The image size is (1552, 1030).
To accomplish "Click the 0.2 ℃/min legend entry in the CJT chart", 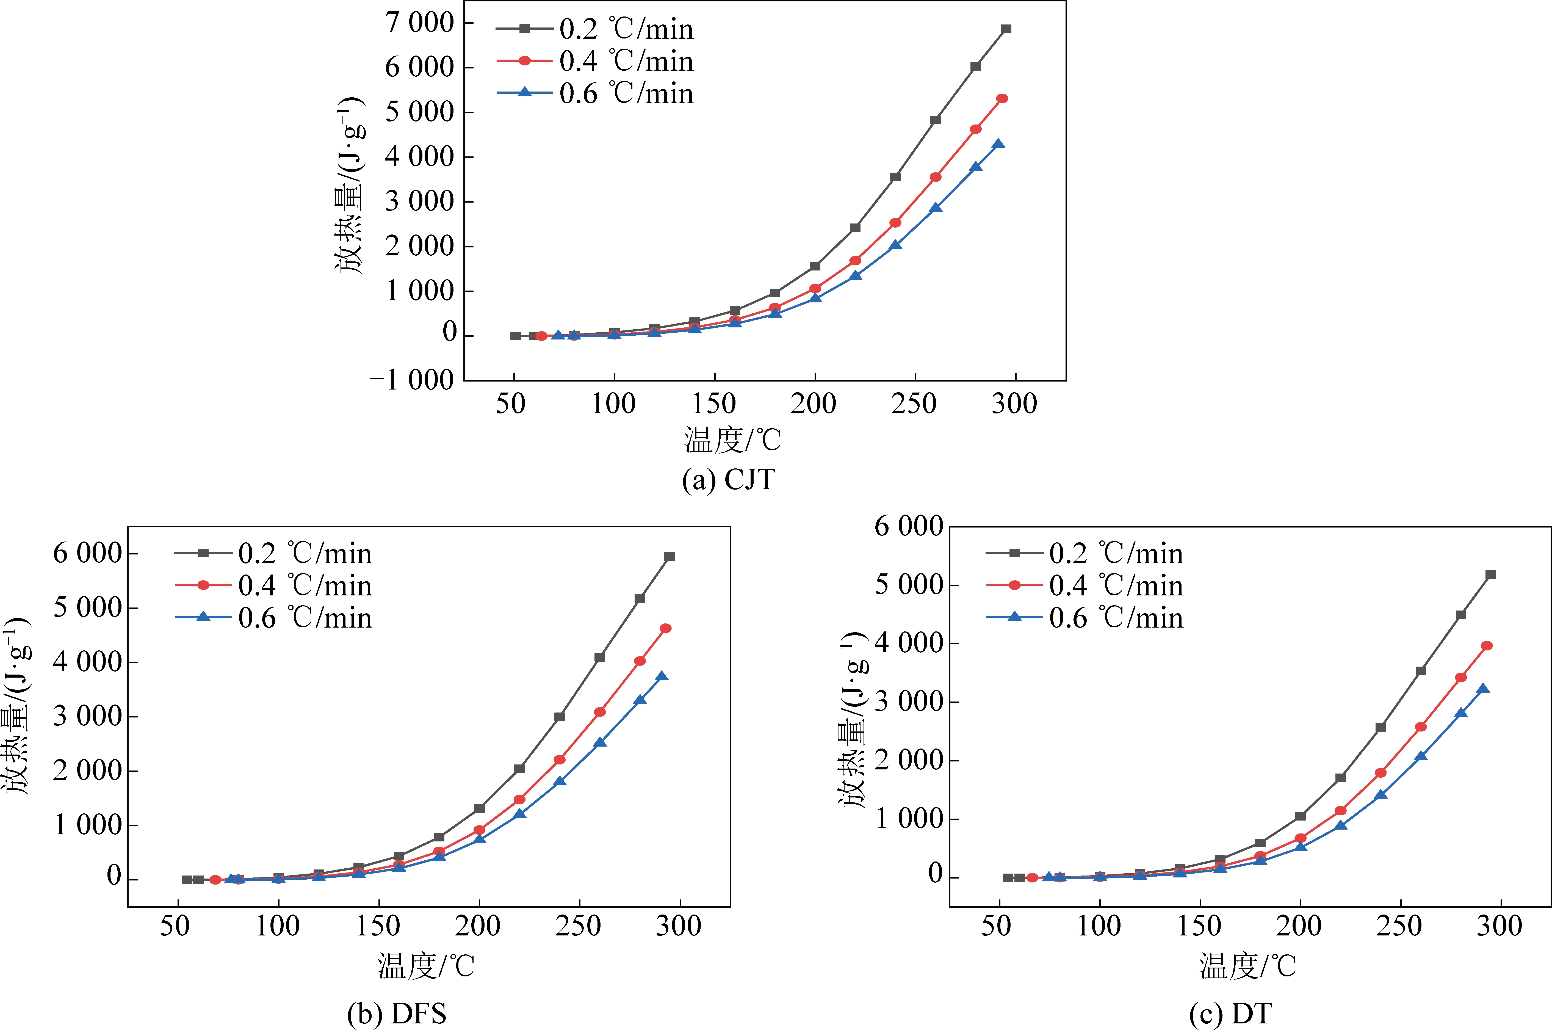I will pos(626,29).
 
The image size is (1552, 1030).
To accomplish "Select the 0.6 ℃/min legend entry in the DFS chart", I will pos(305,618).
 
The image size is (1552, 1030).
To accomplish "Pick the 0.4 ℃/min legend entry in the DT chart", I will pos(1116,585).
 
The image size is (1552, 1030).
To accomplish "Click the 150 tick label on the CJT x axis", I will pos(714,403).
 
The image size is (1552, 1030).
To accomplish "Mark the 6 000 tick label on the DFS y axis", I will pos(87,553).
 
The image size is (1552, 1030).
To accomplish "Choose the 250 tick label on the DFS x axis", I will pos(578,926).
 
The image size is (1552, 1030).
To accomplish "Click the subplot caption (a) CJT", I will pos(728,479).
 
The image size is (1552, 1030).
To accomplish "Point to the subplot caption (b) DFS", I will pos(397,1014).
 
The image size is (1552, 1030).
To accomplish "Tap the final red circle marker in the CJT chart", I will pos(1002,98).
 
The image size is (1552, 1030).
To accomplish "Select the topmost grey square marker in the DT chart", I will pos(1490,575).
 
